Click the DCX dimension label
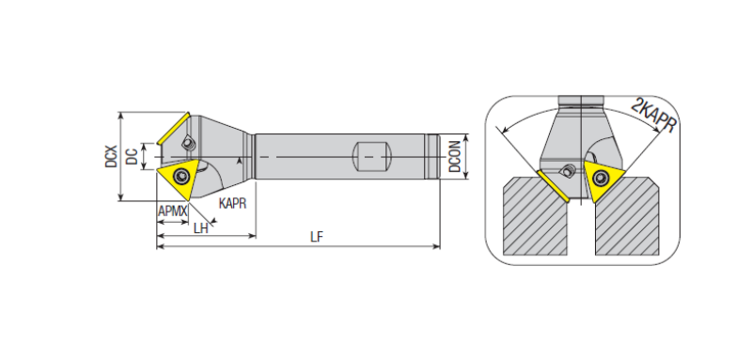point(111,156)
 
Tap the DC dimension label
point(132,156)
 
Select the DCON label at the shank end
point(455,157)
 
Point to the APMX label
point(173,211)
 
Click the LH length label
point(201,228)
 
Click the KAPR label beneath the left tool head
point(232,203)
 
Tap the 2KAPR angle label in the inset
point(654,115)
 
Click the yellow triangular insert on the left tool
point(179,178)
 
